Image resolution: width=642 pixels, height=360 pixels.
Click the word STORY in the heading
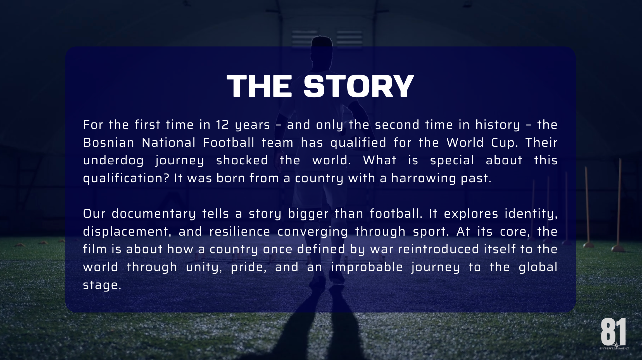tap(358, 86)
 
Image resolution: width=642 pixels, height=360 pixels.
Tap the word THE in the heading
tap(259, 86)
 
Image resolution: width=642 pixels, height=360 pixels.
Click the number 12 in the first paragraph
tap(222, 125)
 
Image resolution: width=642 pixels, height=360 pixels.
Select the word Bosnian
tap(109, 143)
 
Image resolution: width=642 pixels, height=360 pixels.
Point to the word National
tap(168, 143)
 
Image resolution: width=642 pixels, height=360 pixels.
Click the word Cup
tap(505, 143)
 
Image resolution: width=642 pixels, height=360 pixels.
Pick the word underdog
tap(113, 160)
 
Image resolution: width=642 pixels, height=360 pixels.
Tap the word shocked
tap(242, 160)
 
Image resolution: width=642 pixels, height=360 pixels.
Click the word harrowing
tap(424, 178)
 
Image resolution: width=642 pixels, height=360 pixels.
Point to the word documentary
tap(154, 214)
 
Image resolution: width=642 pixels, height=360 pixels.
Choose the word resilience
tap(240, 231)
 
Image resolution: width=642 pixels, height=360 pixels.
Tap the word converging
tap(313, 232)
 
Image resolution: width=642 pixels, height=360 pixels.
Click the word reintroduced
tap(439, 249)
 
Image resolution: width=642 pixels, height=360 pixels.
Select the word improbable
tap(367, 267)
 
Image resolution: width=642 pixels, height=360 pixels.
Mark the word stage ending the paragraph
tap(102, 285)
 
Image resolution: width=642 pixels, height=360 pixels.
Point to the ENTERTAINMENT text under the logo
tap(614, 349)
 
